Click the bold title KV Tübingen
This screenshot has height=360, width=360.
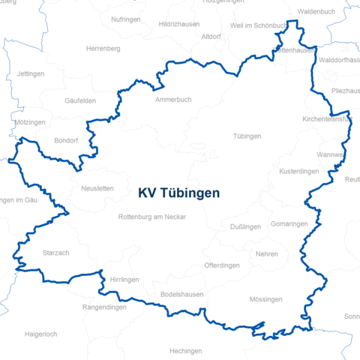tap(178, 193)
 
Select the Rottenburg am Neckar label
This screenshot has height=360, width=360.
tap(151, 217)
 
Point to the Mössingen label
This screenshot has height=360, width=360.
tap(265, 299)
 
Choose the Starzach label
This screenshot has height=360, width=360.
tap(56, 253)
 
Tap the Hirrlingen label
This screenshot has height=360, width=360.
tap(124, 278)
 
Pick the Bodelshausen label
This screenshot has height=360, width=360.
tap(182, 295)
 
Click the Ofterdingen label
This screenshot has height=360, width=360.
tap(222, 265)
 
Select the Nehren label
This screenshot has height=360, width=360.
tap(266, 254)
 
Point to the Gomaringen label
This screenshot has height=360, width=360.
tap(289, 224)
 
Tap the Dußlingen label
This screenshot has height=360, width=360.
tap(245, 226)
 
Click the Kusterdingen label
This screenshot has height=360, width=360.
tap(298, 172)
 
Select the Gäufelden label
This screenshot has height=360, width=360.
tap(80, 100)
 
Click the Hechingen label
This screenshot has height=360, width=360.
tap(185, 351)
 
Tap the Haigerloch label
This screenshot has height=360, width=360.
tap(40, 334)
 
